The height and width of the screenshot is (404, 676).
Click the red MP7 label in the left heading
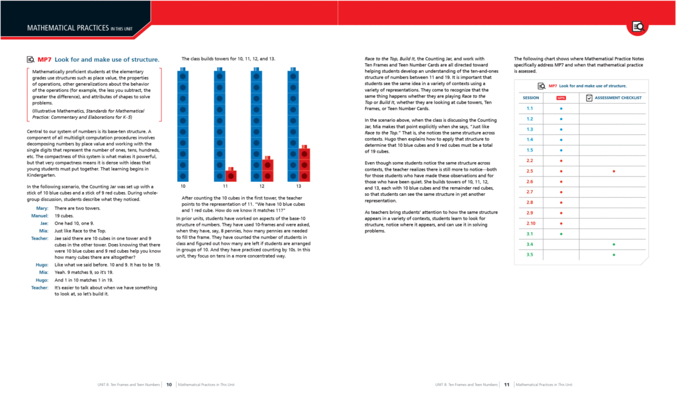click(44, 59)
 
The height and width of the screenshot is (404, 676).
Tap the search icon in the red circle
click(638, 26)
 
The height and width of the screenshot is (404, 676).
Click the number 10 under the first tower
click(183, 186)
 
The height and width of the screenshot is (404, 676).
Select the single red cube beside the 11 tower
click(230, 175)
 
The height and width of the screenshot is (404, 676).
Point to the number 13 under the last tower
click(298, 186)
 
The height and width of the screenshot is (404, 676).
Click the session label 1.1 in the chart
click(530, 108)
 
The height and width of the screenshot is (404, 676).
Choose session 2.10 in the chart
click(530, 223)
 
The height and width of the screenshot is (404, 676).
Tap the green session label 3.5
click(530, 255)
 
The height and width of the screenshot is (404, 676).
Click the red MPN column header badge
click(561, 98)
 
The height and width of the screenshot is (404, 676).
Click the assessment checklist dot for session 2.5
click(613, 171)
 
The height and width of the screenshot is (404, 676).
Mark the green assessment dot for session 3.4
click(613, 244)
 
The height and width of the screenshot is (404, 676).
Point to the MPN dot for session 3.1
click(561, 234)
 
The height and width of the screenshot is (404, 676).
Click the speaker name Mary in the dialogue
click(43, 208)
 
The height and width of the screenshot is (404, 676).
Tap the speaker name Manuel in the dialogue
click(40, 216)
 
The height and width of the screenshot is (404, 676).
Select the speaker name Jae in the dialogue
click(44, 223)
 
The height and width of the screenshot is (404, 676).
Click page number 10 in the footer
click(169, 385)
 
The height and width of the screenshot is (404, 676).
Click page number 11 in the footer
click(507, 385)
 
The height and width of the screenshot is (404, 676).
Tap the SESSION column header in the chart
click(530, 98)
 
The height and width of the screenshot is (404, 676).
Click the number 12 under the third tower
click(262, 186)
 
